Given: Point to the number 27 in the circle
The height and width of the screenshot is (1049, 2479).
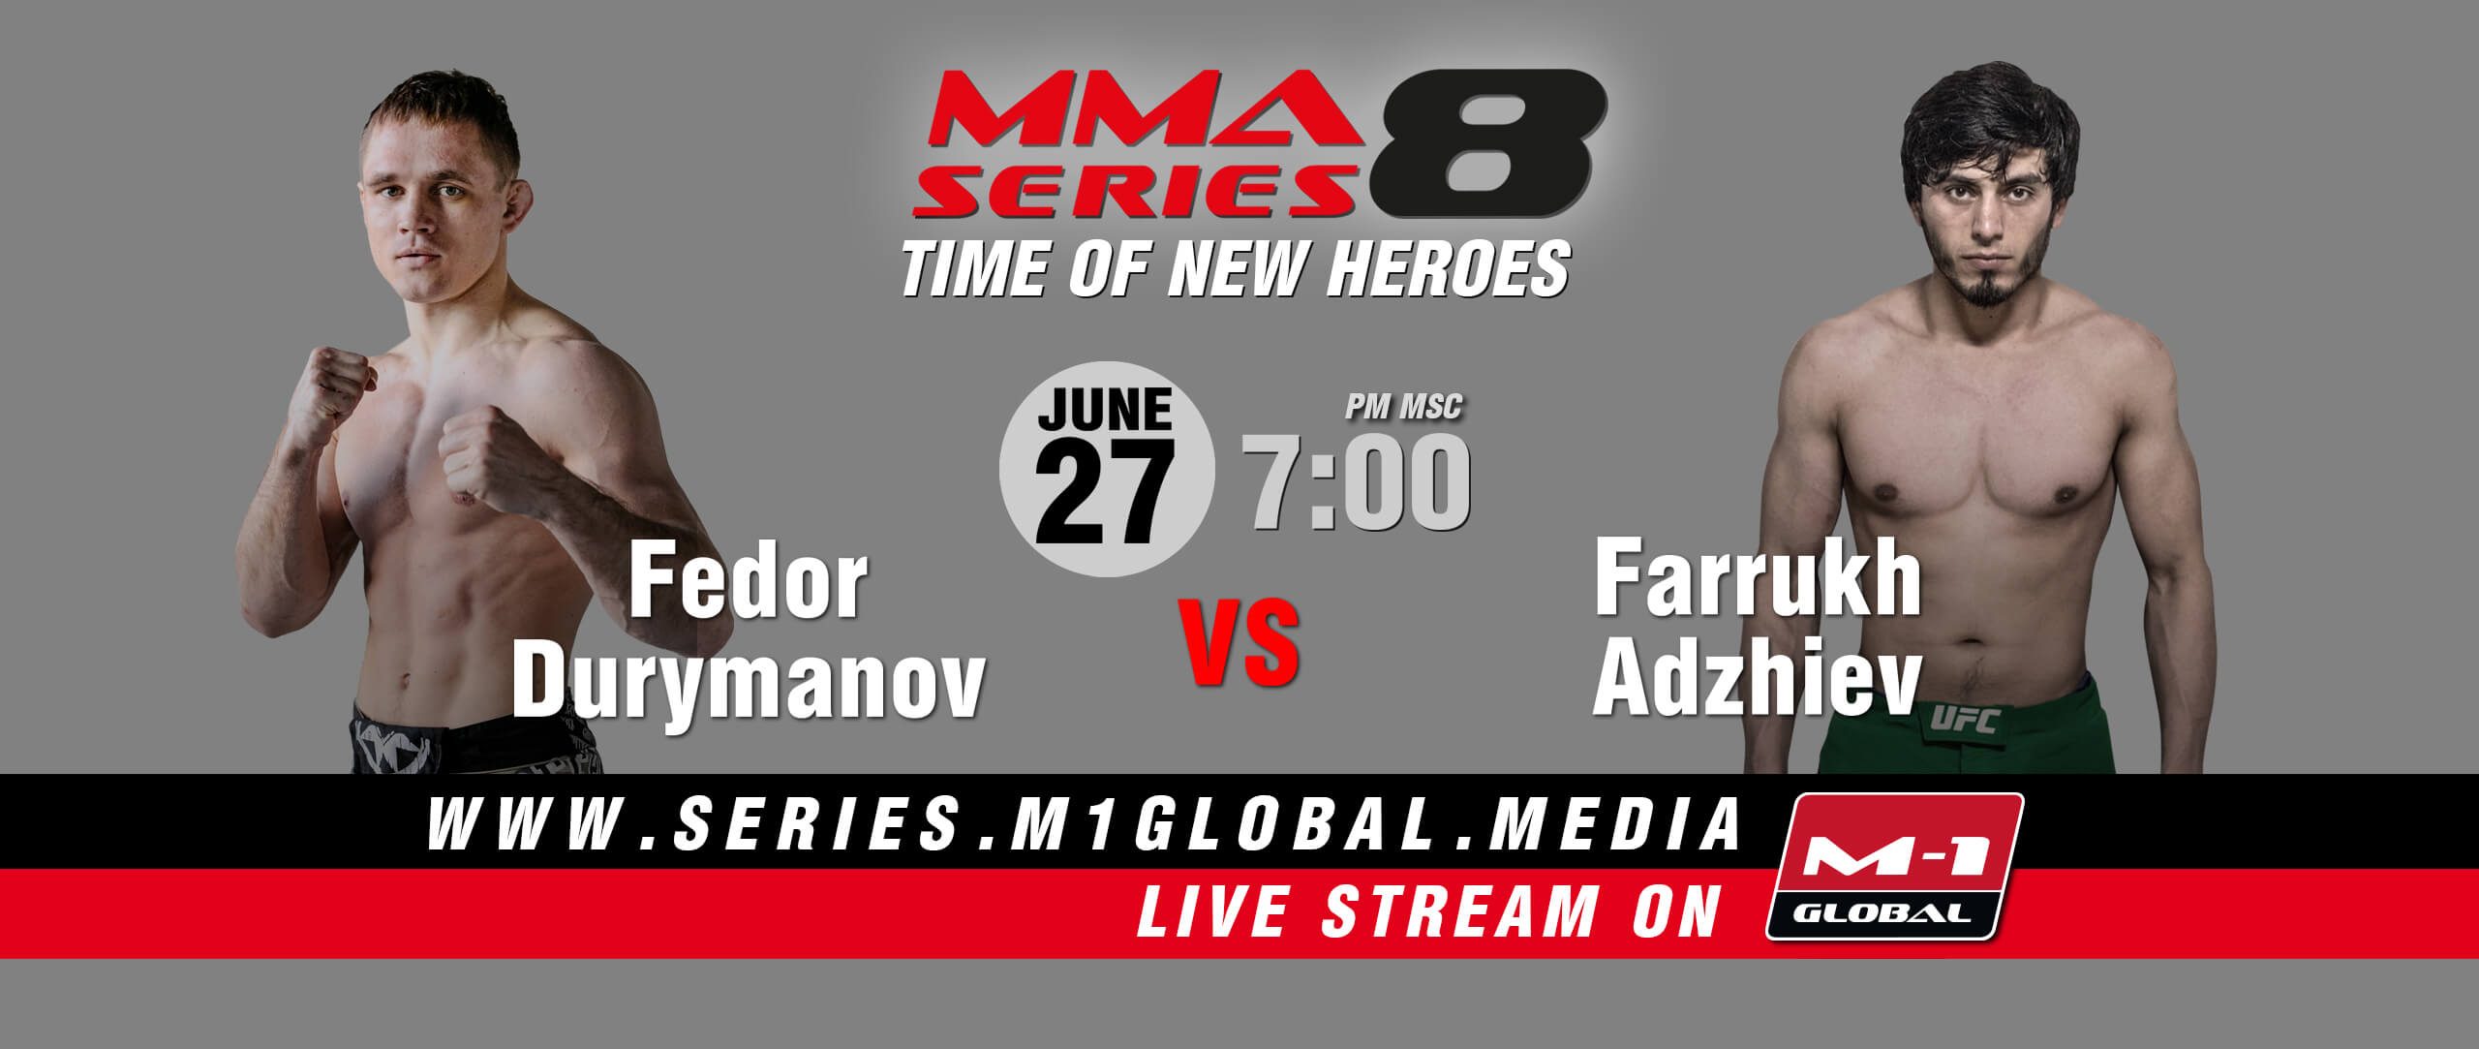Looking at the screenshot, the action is pos(1105,492).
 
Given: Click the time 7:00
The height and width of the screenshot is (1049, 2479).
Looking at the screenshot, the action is pos(1357,481).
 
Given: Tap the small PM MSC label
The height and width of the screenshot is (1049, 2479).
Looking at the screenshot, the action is pos(1403,408).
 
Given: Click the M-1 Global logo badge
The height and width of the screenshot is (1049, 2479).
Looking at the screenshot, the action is pos(1895,867).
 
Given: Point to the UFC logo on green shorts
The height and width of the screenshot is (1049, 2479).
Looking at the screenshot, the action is pos(1965,721).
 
